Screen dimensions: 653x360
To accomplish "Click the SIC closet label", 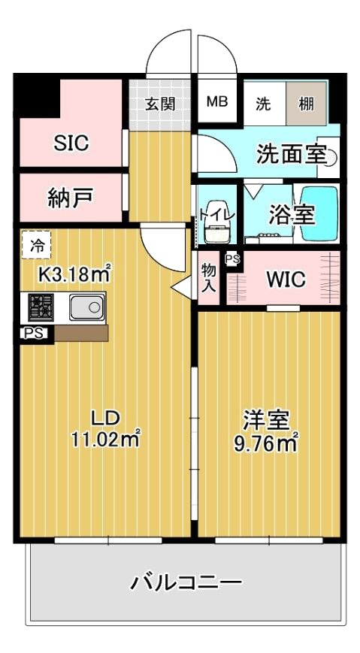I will coord(71,143).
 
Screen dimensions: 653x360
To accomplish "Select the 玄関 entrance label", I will coord(160,103).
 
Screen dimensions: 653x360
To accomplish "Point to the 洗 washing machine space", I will coord(263,104).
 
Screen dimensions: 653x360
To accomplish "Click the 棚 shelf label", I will coord(307,104).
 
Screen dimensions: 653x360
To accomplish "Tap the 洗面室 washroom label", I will coord(291,154).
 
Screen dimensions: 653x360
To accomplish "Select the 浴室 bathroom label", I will coord(292,213).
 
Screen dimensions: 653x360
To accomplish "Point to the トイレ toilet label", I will coord(217,215).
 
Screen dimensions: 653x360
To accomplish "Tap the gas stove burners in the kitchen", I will coord(41,307).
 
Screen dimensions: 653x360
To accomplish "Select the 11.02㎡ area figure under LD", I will coord(106,439).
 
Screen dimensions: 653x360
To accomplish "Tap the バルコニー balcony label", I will coord(186,581).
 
